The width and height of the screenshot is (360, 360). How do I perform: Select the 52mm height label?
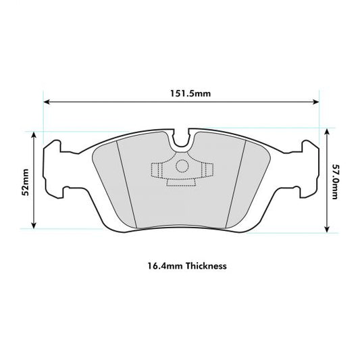(x=25, y=182)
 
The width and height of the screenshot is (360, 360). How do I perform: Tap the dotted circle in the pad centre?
(x=180, y=168)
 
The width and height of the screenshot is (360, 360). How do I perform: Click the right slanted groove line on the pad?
(x=237, y=182)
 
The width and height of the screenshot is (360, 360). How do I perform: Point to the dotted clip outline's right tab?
(x=207, y=170)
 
